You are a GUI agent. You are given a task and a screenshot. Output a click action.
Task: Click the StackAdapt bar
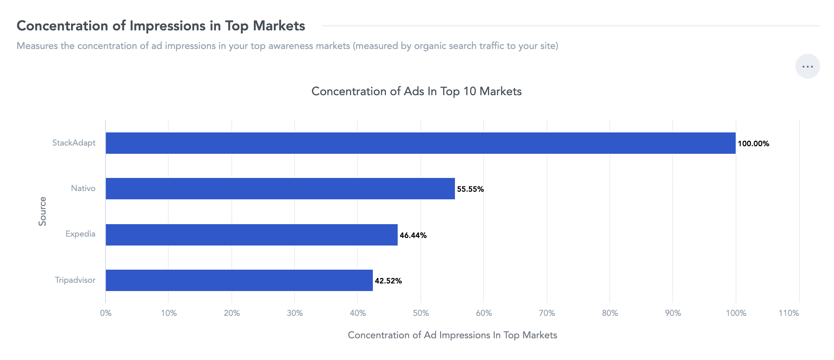click(420, 143)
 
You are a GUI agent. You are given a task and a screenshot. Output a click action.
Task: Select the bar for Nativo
click(280, 189)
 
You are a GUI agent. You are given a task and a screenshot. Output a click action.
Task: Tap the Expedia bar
click(251, 235)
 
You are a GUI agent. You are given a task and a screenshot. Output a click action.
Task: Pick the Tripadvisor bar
click(239, 280)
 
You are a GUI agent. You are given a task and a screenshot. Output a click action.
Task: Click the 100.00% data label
click(754, 143)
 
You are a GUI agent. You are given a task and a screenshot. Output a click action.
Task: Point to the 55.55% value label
click(470, 189)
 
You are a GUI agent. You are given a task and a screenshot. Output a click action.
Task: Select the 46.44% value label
click(413, 235)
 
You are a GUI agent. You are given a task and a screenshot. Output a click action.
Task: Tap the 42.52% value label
click(388, 281)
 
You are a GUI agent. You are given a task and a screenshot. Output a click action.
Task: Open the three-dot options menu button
click(808, 66)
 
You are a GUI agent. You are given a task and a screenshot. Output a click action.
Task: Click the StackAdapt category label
click(74, 143)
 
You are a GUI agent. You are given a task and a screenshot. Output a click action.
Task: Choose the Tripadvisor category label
click(75, 280)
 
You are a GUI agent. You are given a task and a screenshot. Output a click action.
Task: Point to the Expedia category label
click(80, 234)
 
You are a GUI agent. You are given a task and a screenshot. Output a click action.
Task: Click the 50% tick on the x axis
click(421, 313)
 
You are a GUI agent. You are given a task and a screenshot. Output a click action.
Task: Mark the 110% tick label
click(789, 313)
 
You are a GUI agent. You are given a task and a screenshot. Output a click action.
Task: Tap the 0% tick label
click(106, 313)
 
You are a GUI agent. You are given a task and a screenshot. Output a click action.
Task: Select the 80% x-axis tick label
click(610, 313)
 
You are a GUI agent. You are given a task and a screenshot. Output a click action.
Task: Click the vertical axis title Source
click(42, 211)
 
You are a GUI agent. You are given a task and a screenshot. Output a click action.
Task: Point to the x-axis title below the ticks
click(453, 335)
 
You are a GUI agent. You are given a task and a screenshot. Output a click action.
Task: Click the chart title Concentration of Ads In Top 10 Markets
click(417, 91)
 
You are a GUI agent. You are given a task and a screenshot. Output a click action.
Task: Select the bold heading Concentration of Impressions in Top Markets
click(161, 26)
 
